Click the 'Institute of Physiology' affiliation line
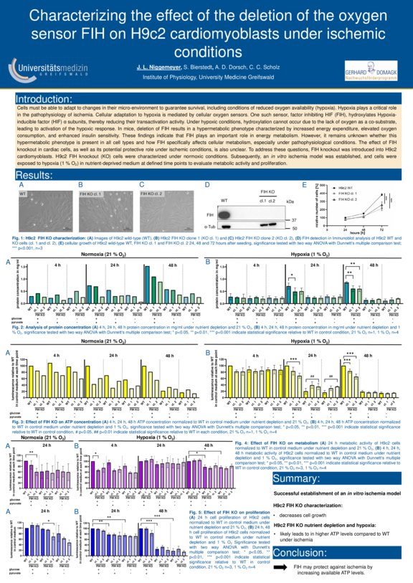click(x=206, y=75)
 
